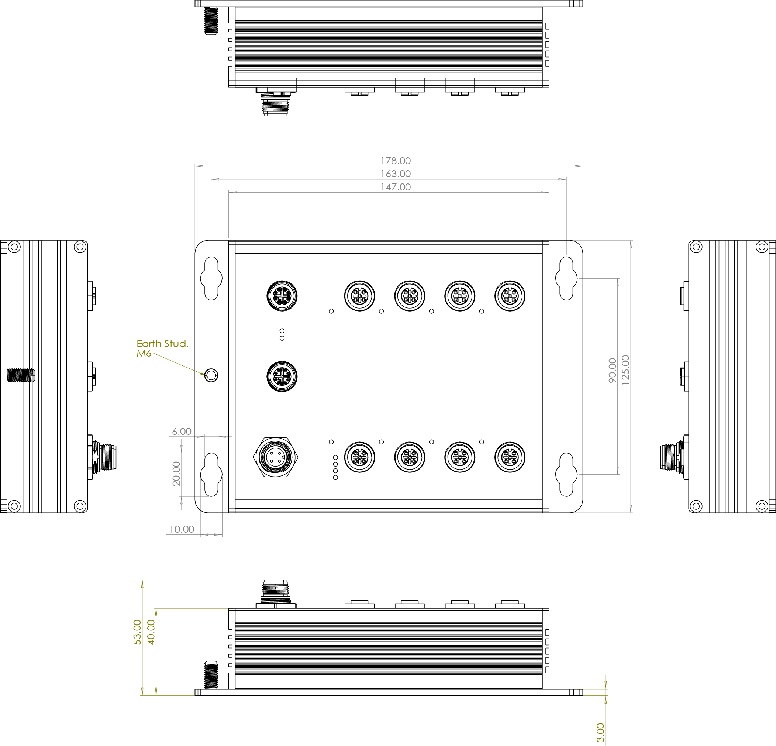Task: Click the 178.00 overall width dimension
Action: pyautogui.click(x=396, y=161)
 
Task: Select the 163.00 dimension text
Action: pyautogui.click(x=396, y=174)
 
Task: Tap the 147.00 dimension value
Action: pyautogui.click(x=396, y=187)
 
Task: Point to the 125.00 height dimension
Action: pyautogui.click(x=625, y=370)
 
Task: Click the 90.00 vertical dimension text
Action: pyautogui.click(x=613, y=370)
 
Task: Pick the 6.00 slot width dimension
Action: pyautogui.click(x=182, y=431)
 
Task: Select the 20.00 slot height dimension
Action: pyautogui.click(x=176, y=474)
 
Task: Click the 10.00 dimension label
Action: pyautogui.click(x=182, y=529)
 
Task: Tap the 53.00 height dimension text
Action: pyautogui.click(x=137, y=632)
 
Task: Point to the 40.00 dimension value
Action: pyautogui.click(x=151, y=632)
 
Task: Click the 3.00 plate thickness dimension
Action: pyautogui.click(x=600, y=733)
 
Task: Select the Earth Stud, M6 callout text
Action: pyautogui.click(x=162, y=348)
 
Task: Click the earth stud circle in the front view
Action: pyautogui.click(x=211, y=375)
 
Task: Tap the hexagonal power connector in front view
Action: pyautogui.click(x=276, y=457)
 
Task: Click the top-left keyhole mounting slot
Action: pyautogui.click(x=211, y=278)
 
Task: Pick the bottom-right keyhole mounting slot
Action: pyautogui.click(x=566, y=474)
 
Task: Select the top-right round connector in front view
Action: pyautogui.click(x=510, y=296)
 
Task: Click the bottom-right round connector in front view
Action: pyautogui.click(x=510, y=457)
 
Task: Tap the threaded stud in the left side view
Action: pyautogui.click(x=21, y=375)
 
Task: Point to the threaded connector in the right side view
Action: pyautogui.click(x=672, y=457)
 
